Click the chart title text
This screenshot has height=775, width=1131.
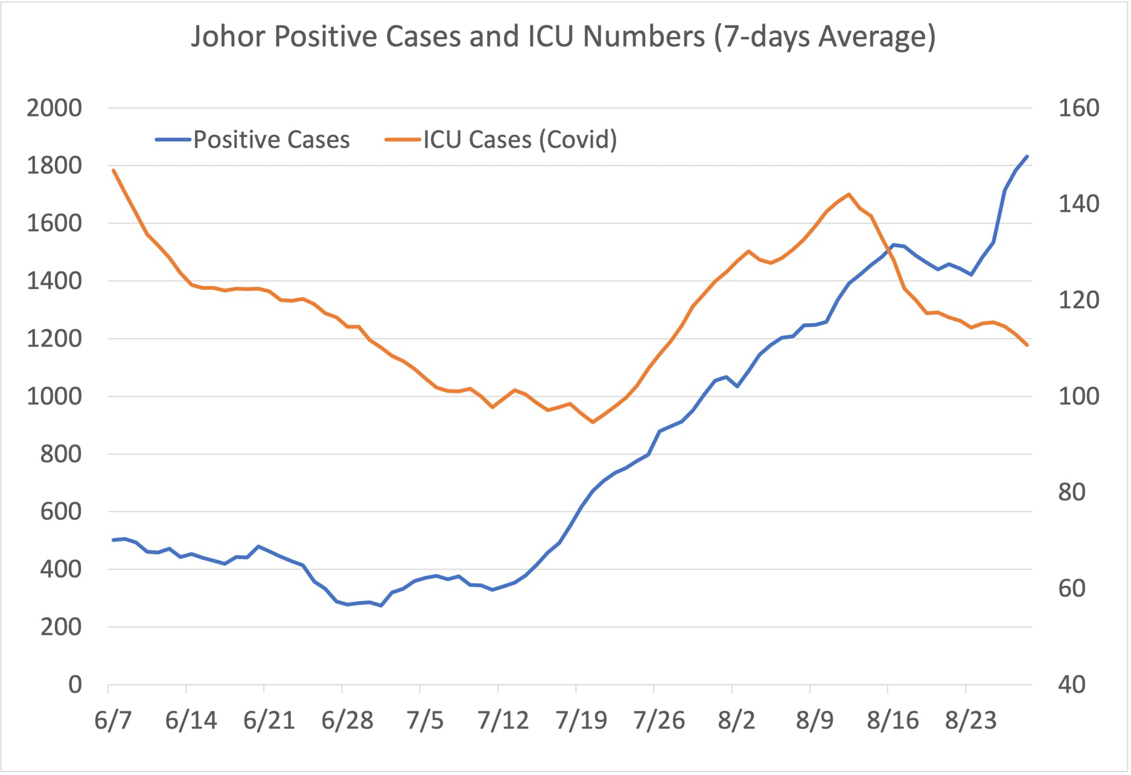pyautogui.click(x=563, y=36)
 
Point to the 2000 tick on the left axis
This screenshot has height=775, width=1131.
pyautogui.click(x=54, y=109)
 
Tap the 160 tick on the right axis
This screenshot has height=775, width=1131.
pyautogui.click(x=1078, y=109)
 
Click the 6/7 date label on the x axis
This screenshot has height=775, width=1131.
pyautogui.click(x=113, y=721)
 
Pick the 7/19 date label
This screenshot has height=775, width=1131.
pyautogui.click(x=581, y=721)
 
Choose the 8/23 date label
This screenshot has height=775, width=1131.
pyautogui.click(x=970, y=721)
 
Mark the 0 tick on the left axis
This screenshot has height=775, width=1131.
pyautogui.click(x=75, y=685)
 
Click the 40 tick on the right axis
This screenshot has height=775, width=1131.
pyautogui.click(x=1072, y=685)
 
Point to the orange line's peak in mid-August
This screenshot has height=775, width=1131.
pyautogui.click(x=849, y=194)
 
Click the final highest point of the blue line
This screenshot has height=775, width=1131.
pyautogui.click(x=1027, y=157)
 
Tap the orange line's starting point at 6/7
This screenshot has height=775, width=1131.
pyautogui.click(x=113, y=170)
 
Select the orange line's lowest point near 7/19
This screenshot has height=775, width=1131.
pyautogui.click(x=593, y=422)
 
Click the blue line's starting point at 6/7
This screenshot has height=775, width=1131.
pyautogui.click(x=113, y=540)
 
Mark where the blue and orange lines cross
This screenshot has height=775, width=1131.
pyautogui.click(x=888, y=250)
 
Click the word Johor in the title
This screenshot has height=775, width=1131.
pyautogui.click(x=228, y=36)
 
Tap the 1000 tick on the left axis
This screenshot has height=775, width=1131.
pyautogui.click(x=54, y=397)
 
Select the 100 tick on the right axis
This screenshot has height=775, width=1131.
pyautogui.click(x=1078, y=397)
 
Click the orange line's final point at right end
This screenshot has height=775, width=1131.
pyautogui.click(x=1027, y=345)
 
